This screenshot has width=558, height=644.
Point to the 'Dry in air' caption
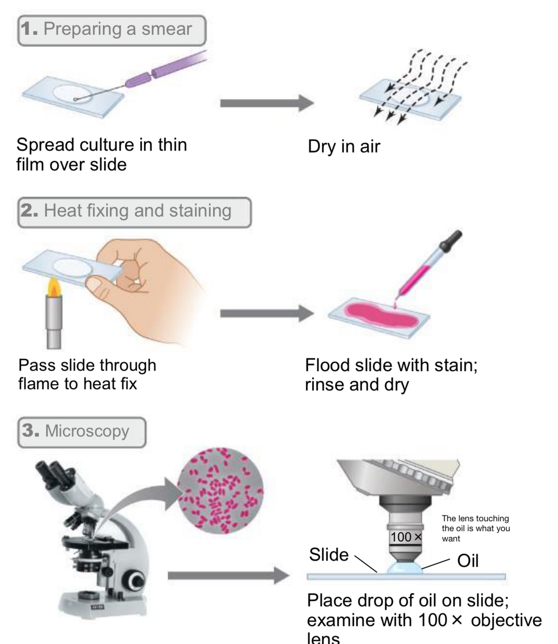344,146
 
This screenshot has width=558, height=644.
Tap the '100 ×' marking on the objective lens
405,537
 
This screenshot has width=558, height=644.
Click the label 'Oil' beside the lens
468,561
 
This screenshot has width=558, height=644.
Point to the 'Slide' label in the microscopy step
329,555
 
